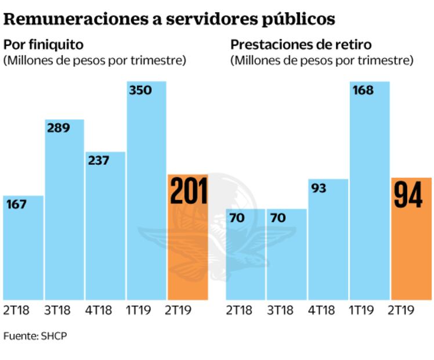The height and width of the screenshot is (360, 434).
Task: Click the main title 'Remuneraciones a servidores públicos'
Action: (x=169, y=19)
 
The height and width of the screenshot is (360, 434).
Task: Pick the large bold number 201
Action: (x=188, y=192)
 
